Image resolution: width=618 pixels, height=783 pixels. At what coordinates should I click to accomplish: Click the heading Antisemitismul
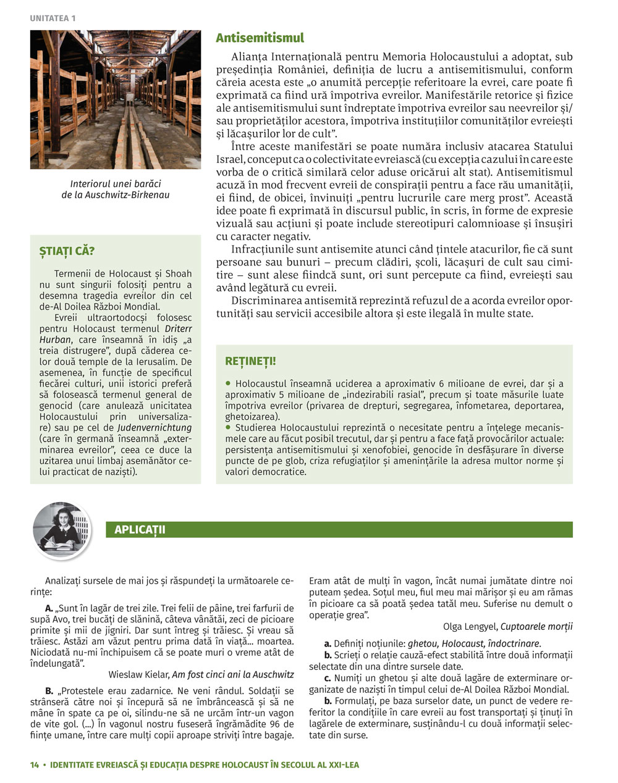pyautogui.click(x=260, y=38)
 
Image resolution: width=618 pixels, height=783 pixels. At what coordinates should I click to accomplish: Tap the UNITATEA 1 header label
pyautogui.click(x=53, y=19)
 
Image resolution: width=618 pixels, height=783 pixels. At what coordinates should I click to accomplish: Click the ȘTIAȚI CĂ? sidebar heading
pyautogui.click(x=67, y=251)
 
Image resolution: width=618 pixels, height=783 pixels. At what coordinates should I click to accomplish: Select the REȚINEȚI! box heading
pyautogui.click(x=250, y=361)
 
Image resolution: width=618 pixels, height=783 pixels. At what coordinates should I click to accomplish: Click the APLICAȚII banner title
pyautogui.click(x=140, y=530)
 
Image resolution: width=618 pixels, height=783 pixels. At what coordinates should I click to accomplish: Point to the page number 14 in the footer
pyautogui.click(x=35, y=764)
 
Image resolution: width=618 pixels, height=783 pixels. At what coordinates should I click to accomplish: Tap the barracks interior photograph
pyautogui.click(x=115, y=99)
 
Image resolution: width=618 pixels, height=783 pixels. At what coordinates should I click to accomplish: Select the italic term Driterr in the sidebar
pyautogui.click(x=178, y=329)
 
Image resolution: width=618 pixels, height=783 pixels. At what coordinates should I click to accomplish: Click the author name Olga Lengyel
pyautogui.click(x=470, y=626)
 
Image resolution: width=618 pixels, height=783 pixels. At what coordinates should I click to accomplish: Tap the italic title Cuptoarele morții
pyautogui.click(x=536, y=626)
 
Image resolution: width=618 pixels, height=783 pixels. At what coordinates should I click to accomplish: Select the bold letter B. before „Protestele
pyautogui.click(x=49, y=690)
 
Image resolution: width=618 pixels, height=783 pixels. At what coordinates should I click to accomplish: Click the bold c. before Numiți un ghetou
pyautogui.click(x=328, y=678)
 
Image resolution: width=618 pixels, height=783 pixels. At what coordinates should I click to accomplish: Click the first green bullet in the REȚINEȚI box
pyautogui.click(x=228, y=383)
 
